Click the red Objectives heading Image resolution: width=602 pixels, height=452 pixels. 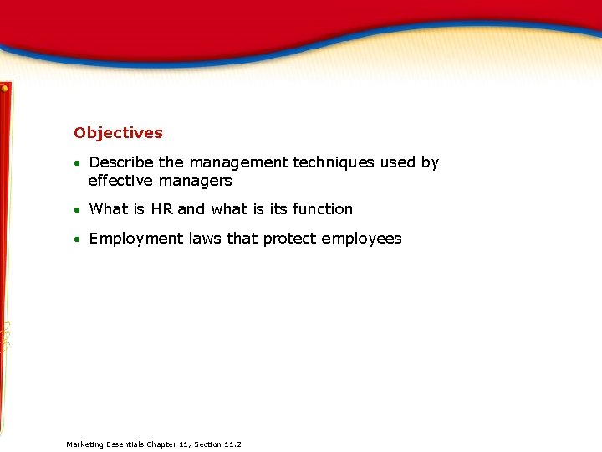[x=118, y=133]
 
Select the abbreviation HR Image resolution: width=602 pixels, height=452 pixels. [x=161, y=209]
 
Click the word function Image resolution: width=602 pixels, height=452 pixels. [x=323, y=209]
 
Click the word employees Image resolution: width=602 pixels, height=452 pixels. [x=362, y=239]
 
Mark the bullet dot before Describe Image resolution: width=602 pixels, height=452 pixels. [x=76, y=163]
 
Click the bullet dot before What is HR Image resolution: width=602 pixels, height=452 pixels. [x=76, y=210]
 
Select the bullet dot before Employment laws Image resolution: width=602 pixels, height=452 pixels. [x=76, y=239]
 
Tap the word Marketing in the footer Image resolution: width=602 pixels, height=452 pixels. [x=84, y=444]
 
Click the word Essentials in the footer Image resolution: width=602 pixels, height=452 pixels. [x=125, y=444]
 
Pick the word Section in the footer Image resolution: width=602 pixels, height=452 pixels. [x=207, y=444]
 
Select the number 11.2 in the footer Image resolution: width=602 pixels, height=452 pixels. [x=232, y=444]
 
